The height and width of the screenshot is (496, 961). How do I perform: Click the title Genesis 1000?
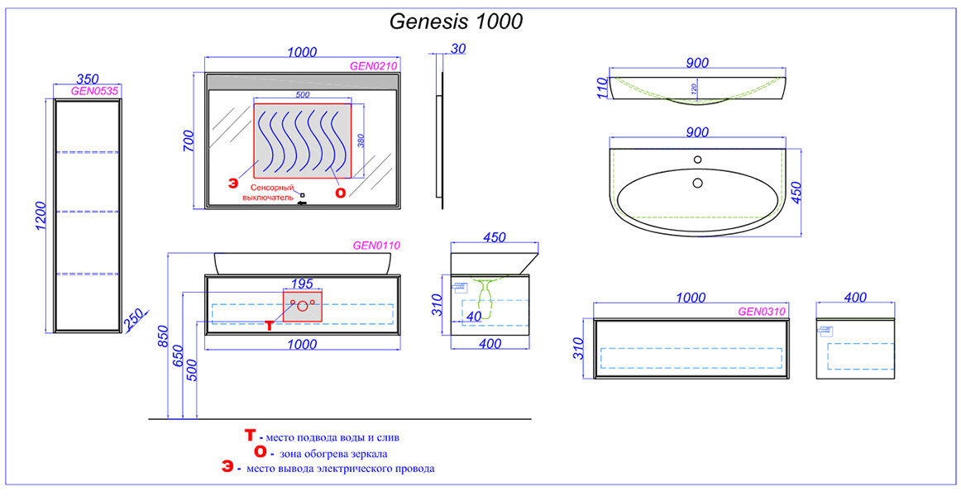[456, 21]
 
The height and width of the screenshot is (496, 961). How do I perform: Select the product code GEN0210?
[374, 65]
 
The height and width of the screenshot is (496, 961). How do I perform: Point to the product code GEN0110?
[376, 245]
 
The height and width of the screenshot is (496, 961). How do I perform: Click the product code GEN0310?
[761, 312]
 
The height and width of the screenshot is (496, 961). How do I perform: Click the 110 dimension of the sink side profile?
[602, 88]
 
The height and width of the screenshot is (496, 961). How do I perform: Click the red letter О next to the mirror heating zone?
[340, 193]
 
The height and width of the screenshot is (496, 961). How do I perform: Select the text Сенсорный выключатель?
[268, 193]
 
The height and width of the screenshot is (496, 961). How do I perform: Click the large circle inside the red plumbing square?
[302, 307]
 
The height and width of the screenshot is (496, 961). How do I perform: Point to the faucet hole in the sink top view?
[697, 159]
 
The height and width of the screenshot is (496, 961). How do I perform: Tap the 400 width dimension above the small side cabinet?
[856, 298]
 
